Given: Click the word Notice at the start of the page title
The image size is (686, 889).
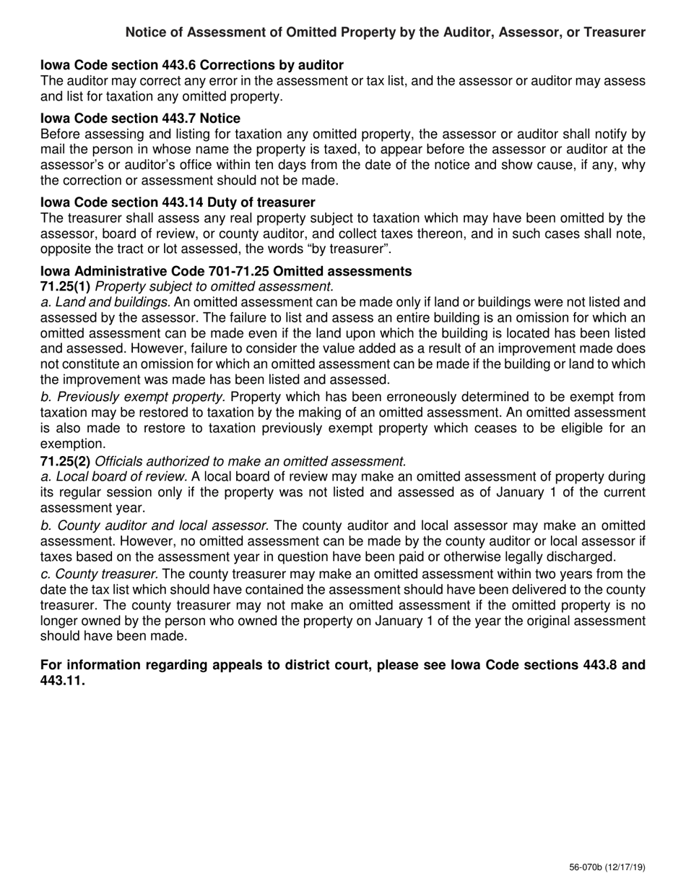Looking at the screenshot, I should tap(146, 33).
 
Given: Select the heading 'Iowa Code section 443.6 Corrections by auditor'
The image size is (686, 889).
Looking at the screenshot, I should tap(191, 66).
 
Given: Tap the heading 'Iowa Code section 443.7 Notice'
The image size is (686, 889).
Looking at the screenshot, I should tap(140, 118).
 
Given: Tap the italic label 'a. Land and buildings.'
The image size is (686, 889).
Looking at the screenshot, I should tap(105, 302).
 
